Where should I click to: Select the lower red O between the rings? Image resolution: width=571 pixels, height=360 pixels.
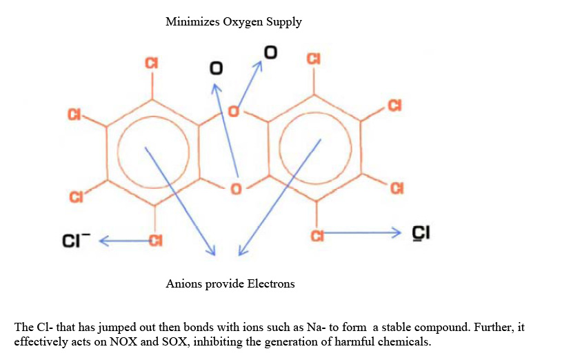[236, 188]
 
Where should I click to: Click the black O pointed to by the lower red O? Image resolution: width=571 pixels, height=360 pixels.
[217, 69]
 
